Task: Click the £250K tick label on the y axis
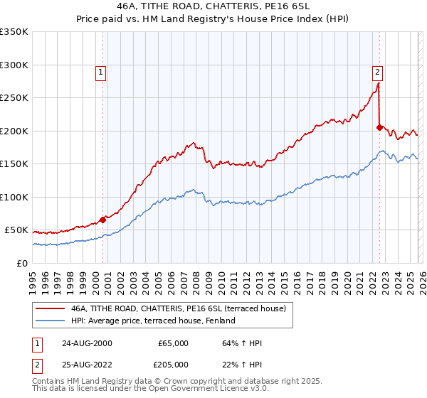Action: click(14, 98)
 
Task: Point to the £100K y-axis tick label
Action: click(14, 198)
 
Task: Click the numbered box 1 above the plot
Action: click(100, 71)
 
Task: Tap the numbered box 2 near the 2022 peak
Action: click(376, 71)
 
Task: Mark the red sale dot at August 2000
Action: click(103, 220)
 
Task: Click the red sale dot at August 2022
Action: click(379, 127)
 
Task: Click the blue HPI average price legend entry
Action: click(152, 321)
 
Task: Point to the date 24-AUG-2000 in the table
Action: click(86, 343)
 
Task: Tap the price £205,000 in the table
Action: click(173, 364)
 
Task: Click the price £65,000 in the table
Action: click(173, 343)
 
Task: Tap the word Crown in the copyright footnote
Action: click(157, 382)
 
